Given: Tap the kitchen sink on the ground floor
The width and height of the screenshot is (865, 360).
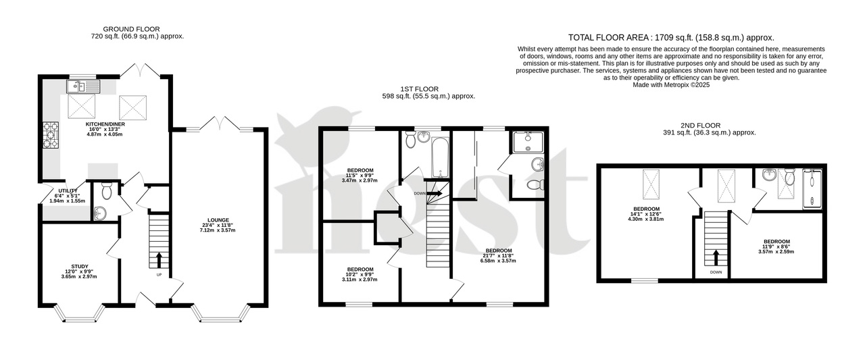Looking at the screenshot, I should point(82,86).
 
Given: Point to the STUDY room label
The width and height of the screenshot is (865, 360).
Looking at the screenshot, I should point(79,266).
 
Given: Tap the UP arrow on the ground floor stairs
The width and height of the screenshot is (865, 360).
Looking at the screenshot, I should point(159,259).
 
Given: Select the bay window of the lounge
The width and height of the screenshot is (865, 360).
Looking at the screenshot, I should point(222,314).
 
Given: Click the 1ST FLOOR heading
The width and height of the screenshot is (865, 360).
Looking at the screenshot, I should point(428,88).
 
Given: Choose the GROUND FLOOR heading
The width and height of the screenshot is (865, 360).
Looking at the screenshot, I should point(131,29).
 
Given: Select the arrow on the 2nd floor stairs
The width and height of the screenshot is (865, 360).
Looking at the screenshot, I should point(714,257).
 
